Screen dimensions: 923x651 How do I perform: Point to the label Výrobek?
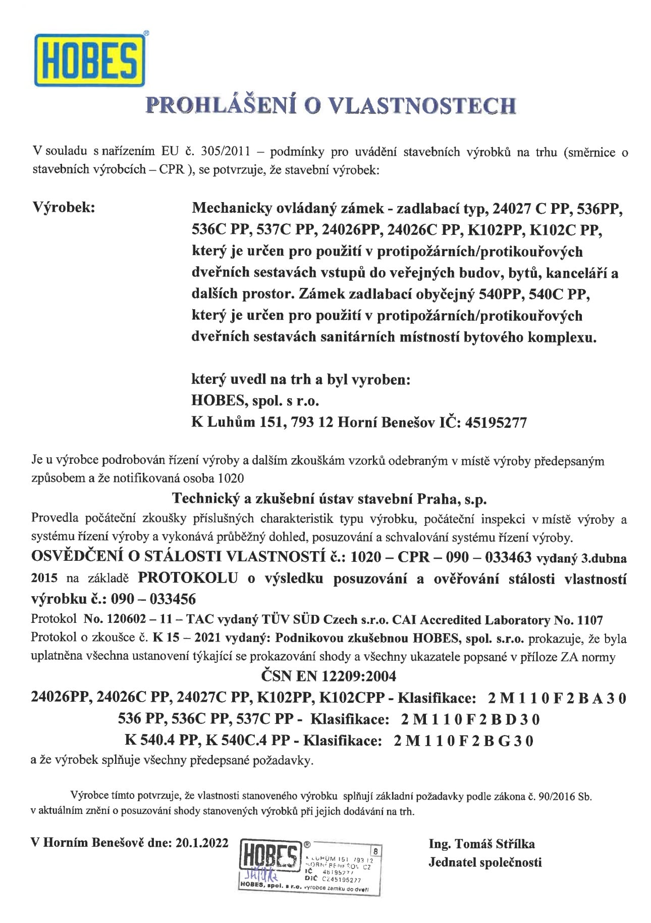tap(64, 208)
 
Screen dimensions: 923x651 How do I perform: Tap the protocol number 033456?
tap(170, 599)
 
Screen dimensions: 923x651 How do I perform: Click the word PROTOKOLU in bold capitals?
tap(188, 578)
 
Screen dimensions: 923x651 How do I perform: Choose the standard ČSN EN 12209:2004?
tap(329, 676)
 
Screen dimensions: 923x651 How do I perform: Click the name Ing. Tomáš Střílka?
tap(481, 844)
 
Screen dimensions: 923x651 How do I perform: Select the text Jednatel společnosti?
tap(484, 862)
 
